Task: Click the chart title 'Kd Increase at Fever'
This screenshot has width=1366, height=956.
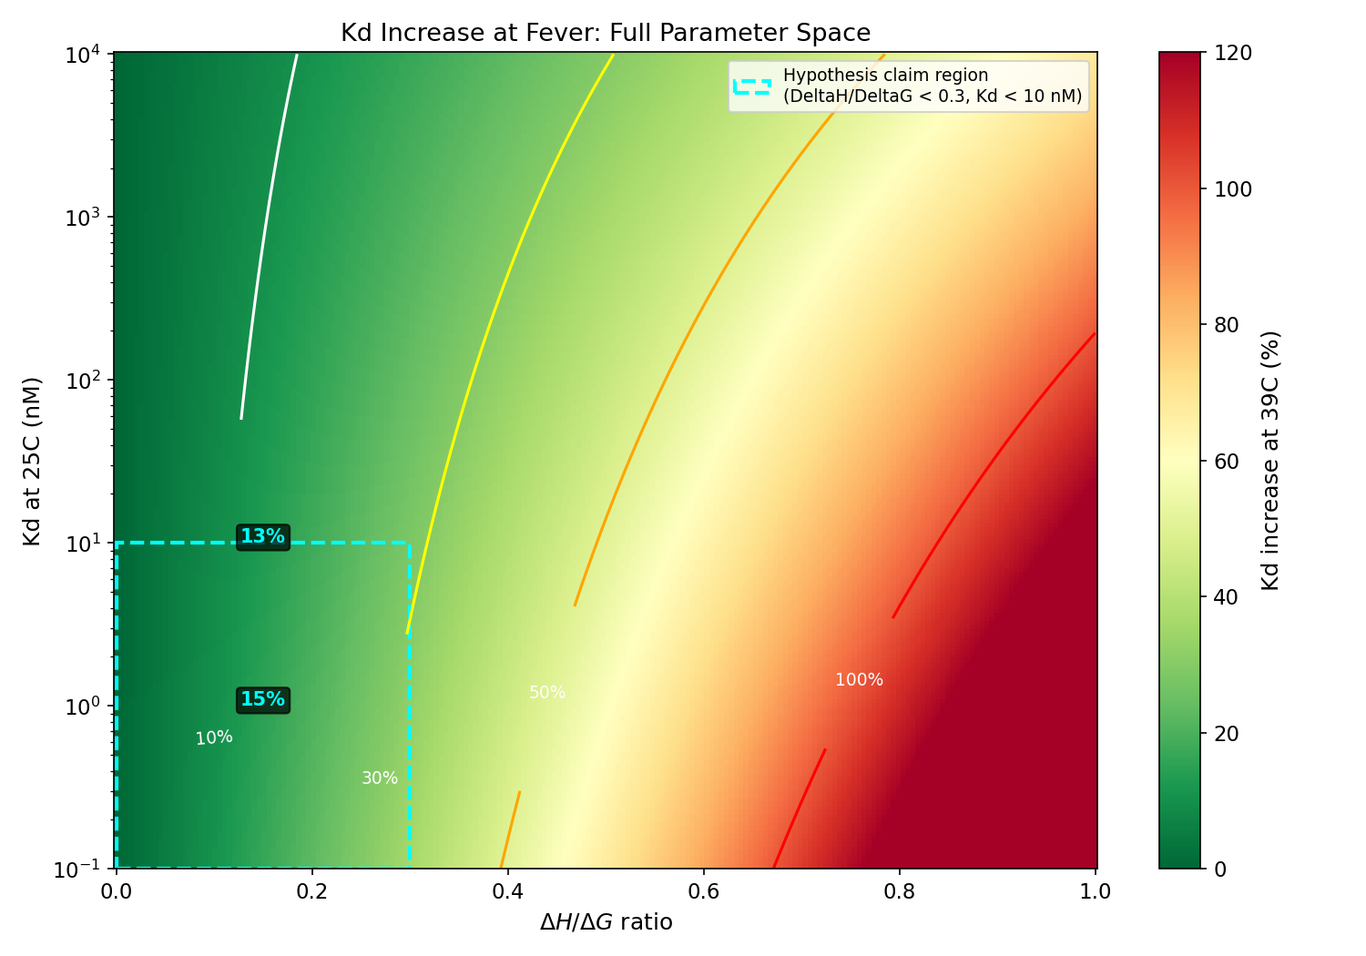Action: click(606, 34)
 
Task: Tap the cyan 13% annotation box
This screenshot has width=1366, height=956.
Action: click(262, 537)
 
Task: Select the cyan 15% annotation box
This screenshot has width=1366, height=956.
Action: click(262, 700)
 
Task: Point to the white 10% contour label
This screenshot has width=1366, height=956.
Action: click(214, 737)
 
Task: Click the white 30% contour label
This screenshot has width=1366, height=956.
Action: click(380, 778)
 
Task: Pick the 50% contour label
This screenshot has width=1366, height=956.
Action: click(547, 693)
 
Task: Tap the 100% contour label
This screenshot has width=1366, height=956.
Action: click(859, 680)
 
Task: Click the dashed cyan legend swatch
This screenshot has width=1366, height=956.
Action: click(752, 86)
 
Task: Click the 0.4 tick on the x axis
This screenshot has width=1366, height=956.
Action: click(508, 891)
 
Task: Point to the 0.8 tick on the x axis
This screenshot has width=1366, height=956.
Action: click(900, 891)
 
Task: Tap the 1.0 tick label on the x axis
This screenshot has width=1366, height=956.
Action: click(1096, 891)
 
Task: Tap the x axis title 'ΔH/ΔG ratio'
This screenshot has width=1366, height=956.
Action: click(606, 923)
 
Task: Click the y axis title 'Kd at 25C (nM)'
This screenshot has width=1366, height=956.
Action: click(33, 461)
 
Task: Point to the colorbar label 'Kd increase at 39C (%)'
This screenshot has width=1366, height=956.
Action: click(1271, 461)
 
